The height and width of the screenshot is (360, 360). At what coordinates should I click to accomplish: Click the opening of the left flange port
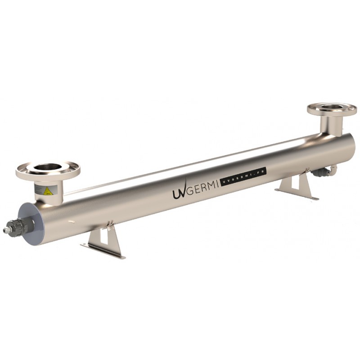47,167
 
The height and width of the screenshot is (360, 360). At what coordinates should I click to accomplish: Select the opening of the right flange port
332,107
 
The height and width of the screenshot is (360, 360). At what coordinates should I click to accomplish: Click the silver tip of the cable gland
6,230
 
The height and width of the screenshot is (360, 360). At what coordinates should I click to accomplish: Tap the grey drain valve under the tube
320,172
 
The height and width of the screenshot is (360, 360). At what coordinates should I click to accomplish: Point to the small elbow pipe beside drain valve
333,169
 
